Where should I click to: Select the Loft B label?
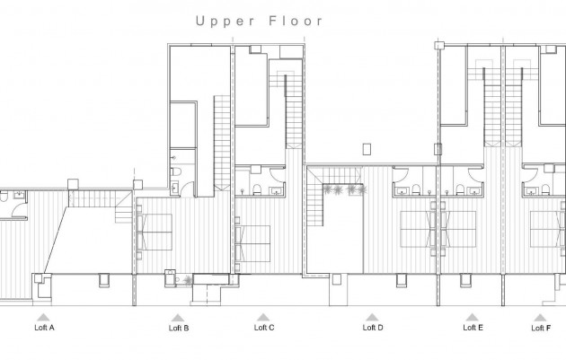[179, 328]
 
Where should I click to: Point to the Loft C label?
[264, 328]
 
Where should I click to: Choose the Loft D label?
[373, 328]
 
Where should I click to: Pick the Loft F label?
[542, 328]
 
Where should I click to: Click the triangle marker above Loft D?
[372, 317]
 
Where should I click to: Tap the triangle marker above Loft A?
[41, 317]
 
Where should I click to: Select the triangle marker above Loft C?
[263, 317]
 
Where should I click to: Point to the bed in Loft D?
[417, 228]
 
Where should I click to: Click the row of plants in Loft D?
[344, 189]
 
